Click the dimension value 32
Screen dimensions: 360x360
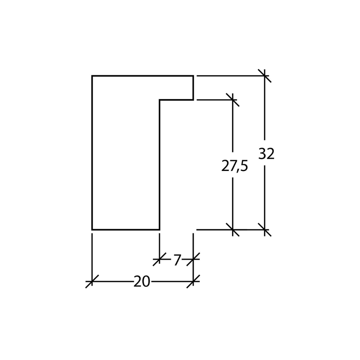(x=267, y=154)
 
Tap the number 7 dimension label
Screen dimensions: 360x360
(x=177, y=259)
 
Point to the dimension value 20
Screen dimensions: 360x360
(x=142, y=282)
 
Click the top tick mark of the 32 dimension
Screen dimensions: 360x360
(x=265, y=76)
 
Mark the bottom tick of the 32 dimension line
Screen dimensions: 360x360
(x=265, y=229)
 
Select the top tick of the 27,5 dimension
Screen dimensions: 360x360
(x=233, y=100)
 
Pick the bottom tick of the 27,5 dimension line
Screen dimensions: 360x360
(x=233, y=229)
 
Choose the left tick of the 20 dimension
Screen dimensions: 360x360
(x=92, y=281)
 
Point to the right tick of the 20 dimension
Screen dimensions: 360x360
(x=193, y=281)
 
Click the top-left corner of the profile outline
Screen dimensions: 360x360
(x=92, y=76)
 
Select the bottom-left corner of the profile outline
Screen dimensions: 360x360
(x=92, y=229)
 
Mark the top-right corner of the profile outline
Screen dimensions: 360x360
(x=193, y=76)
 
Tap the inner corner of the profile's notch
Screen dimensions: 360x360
(x=160, y=100)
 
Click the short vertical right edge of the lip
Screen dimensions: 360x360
(x=193, y=88)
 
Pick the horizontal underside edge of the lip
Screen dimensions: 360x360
(x=176, y=100)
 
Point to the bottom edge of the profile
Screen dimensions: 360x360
(x=126, y=229)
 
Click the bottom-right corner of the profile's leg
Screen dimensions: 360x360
(x=160, y=229)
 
